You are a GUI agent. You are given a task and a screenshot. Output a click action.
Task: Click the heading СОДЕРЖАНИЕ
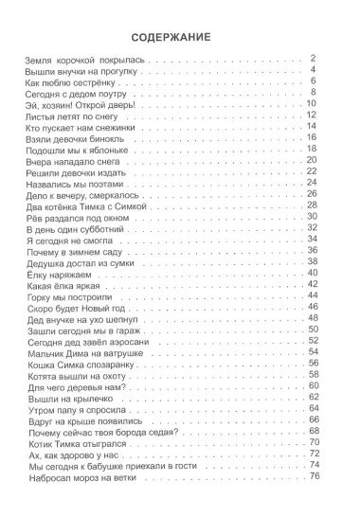[x=179, y=38]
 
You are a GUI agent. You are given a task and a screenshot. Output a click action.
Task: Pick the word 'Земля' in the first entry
[x=34, y=61]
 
